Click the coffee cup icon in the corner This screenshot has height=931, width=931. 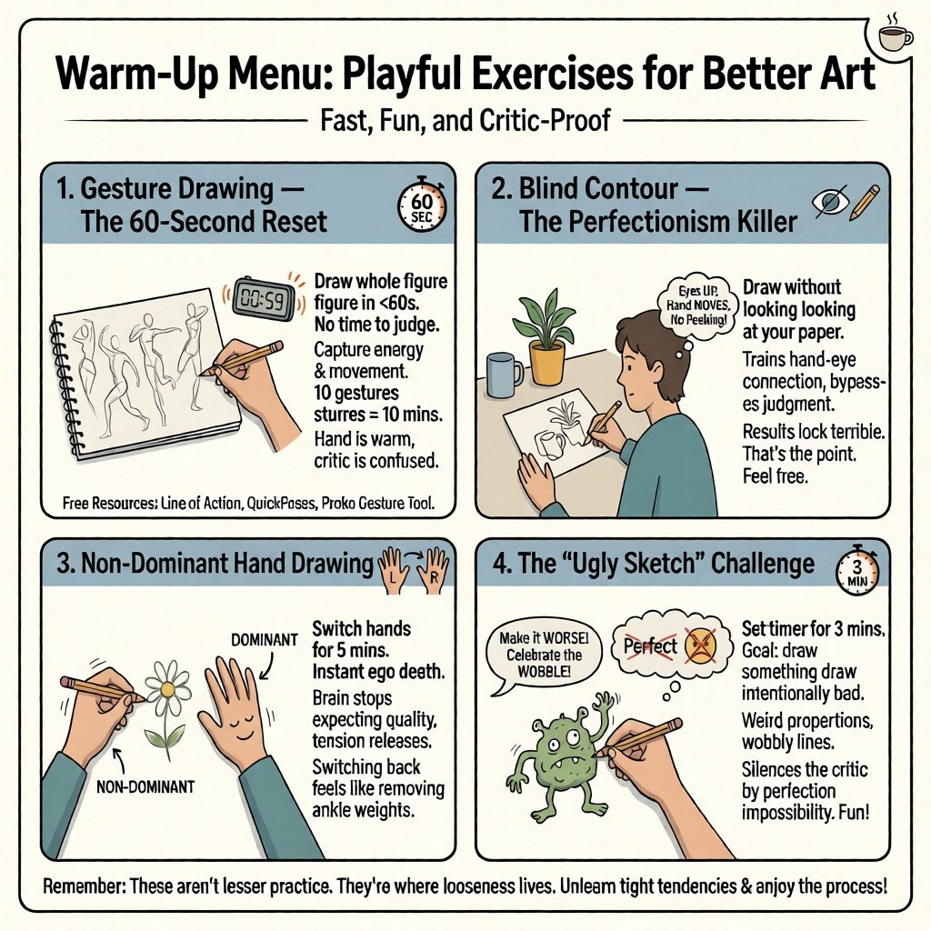(896, 37)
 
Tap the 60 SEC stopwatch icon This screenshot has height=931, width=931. (423, 205)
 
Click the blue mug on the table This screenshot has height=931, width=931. (504, 373)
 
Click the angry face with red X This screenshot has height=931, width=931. (700, 644)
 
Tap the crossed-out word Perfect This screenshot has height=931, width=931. (651, 646)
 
